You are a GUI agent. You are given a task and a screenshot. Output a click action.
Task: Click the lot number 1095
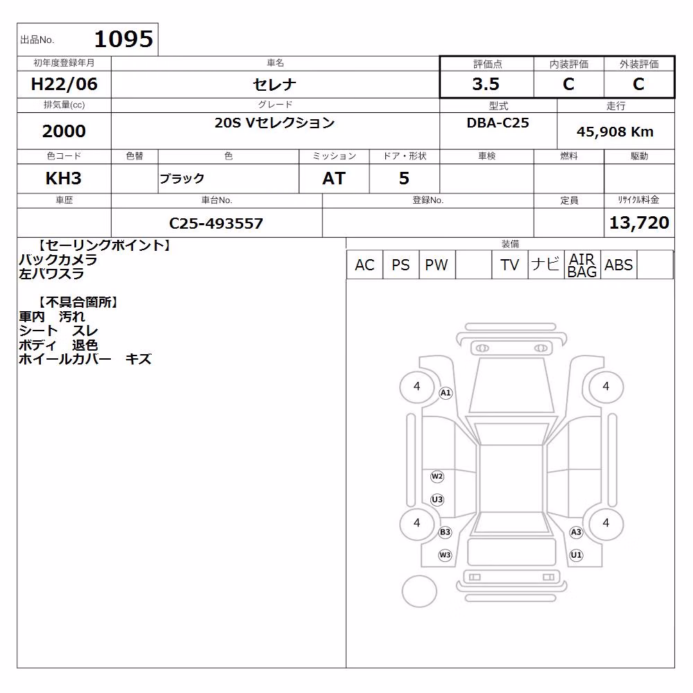(124, 39)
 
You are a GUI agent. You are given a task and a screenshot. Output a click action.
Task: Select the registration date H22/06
(64, 84)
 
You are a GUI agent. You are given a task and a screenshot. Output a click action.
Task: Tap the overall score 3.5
(486, 84)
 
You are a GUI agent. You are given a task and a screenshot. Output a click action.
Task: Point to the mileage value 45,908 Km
(615, 132)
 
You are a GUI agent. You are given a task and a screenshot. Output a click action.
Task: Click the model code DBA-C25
(498, 123)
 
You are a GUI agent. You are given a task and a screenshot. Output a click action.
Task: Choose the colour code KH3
(64, 178)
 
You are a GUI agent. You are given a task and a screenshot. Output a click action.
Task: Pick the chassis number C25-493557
(216, 223)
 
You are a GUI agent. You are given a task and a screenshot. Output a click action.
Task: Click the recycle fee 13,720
(639, 222)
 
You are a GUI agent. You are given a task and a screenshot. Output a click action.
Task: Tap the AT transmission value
(334, 178)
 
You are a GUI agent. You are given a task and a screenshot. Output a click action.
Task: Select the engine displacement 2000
(64, 131)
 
